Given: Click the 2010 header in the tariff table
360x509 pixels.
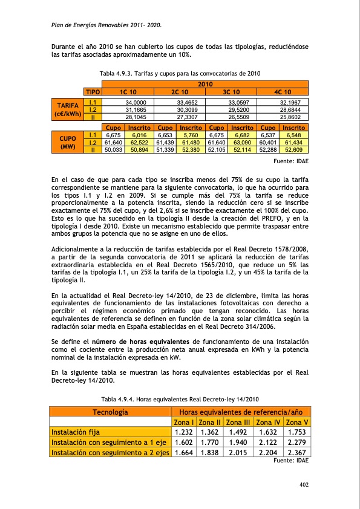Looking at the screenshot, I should coord(206,84).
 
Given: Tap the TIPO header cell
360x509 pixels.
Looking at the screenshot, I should coord(93,91).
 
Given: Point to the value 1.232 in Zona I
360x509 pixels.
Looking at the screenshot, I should coord(183,432).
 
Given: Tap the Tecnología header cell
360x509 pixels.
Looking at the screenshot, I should coord(110,412).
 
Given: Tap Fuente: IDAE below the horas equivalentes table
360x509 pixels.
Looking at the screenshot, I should coord(291,461).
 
